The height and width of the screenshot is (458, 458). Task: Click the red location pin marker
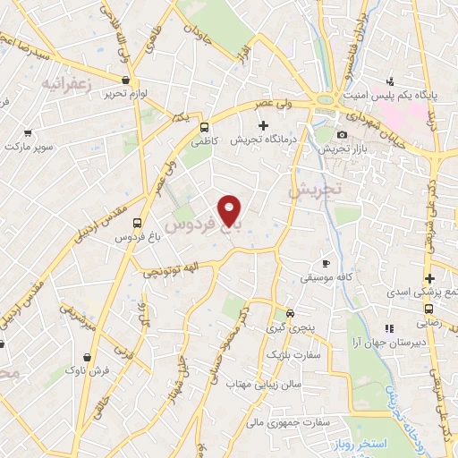[x=230, y=211]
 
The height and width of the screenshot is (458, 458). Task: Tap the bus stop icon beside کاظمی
[x=205, y=127]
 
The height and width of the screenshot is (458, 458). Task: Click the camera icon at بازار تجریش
[x=342, y=135]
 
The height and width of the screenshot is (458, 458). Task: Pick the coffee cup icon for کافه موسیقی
[x=327, y=263]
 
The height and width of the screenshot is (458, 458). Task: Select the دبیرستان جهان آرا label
[x=391, y=343]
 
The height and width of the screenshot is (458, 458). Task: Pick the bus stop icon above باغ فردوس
[x=137, y=223]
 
